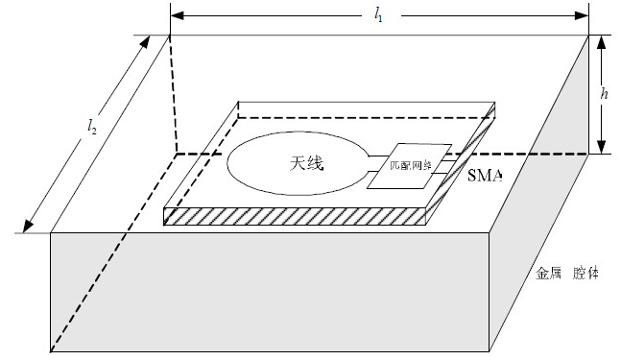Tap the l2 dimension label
[x=92, y=126]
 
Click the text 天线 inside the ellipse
[x=306, y=164]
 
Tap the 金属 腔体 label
[x=566, y=274]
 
